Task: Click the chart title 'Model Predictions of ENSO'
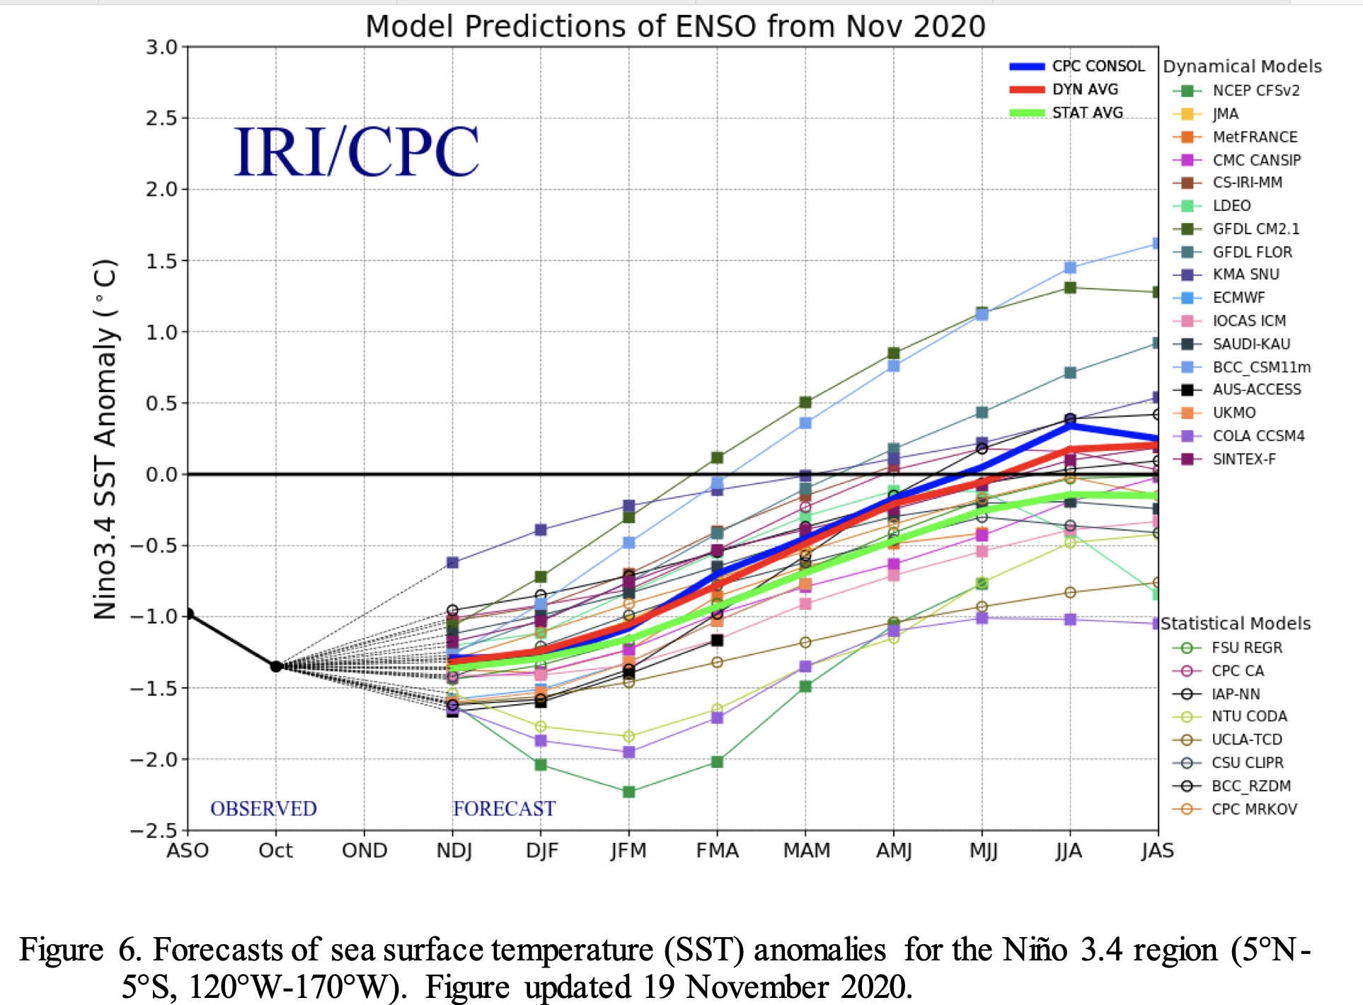coord(675,27)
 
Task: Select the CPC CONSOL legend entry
coord(1097,67)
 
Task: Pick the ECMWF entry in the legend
coord(1238,298)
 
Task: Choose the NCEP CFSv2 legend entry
coord(1255,91)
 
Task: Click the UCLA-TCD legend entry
coord(1246,740)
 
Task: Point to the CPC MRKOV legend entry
coord(1253,809)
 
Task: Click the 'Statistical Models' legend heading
coord(1236,624)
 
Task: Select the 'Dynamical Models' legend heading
coord(1242,67)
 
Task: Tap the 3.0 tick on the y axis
coord(161,47)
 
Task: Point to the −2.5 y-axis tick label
coord(154,830)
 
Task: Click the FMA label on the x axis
coord(717,851)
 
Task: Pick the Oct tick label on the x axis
coord(275,851)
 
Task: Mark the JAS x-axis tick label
coord(1157,851)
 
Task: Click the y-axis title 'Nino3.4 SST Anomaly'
coord(105,439)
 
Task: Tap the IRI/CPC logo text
coord(356,151)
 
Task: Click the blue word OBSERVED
coord(263,809)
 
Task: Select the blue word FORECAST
coord(504,809)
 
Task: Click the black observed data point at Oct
coord(276,666)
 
